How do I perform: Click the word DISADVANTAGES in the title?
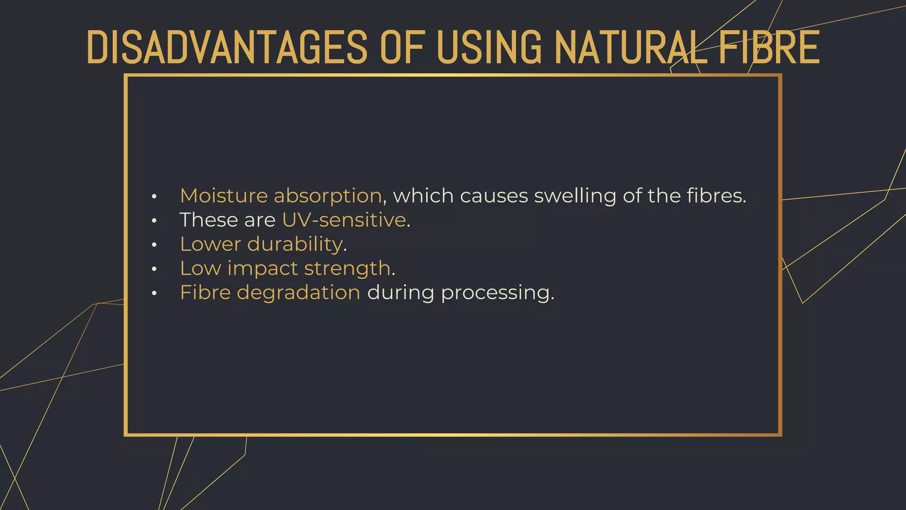coord(226,47)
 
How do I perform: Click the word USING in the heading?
coord(489,47)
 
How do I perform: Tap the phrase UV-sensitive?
coord(344,220)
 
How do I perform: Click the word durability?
coord(295,244)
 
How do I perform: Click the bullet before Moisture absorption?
coord(154,197)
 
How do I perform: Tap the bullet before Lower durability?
coord(154,245)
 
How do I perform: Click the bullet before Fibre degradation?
coord(154,293)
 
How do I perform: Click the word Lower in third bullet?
coord(210,244)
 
